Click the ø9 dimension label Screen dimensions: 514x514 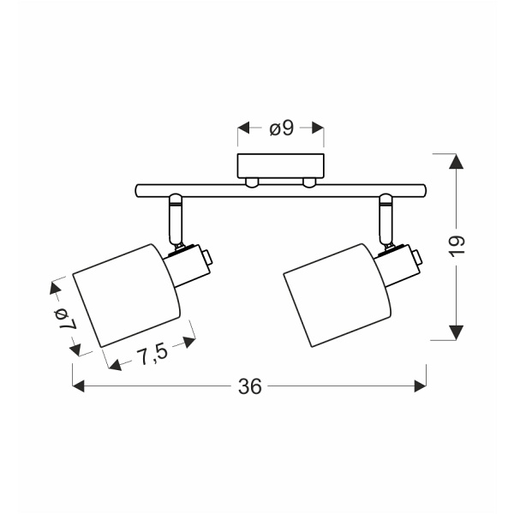coord(281,128)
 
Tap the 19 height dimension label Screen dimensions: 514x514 coord(456,245)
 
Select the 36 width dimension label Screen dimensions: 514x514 coord(249,386)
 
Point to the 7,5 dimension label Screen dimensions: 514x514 coord(152,353)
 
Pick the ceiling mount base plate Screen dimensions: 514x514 coord(281,166)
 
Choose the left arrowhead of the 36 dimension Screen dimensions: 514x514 coord(79,386)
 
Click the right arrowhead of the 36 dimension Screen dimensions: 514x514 coord(420,386)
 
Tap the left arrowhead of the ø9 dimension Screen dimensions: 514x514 coord(243,128)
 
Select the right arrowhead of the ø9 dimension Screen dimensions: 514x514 coord(319,128)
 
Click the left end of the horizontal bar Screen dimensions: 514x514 coord(140,189)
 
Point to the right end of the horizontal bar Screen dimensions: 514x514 coord(422,189)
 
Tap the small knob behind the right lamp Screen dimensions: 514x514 coord(417,257)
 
